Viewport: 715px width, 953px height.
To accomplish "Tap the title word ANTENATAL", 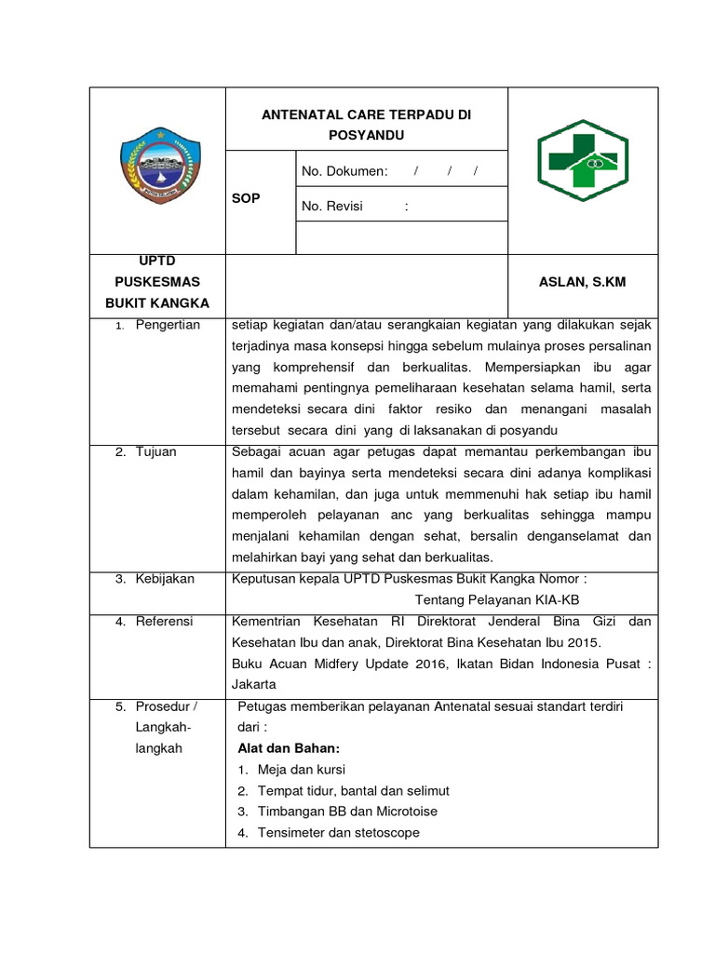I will coord(298,115).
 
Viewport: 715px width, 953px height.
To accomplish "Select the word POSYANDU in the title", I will coord(367,134).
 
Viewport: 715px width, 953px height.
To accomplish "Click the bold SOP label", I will coord(247,198).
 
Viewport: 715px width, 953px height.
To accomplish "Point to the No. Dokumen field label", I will coord(344,171).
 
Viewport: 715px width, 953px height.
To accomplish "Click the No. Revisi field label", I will coord(332,207).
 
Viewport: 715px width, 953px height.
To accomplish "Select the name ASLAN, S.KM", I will coord(583,281).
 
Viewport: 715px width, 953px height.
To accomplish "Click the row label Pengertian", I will coord(168,325).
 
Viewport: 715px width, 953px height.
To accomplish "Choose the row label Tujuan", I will coord(156,451).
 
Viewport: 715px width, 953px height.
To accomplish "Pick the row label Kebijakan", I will coord(165,579).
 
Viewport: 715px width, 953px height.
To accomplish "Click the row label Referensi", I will coord(165,621).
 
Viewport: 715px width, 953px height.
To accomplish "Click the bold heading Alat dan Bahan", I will coord(289,748).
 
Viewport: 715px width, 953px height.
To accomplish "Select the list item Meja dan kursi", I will coord(302,770).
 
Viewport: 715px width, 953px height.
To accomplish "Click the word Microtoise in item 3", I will coord(404,812).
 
